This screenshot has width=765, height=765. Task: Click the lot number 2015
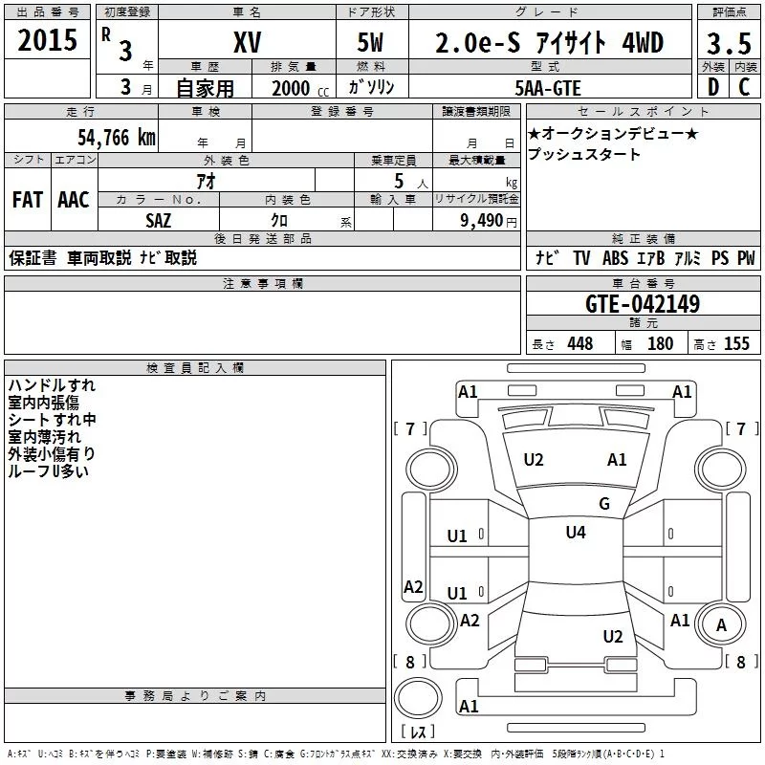pos(48,40)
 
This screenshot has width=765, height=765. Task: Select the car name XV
pos(247,43)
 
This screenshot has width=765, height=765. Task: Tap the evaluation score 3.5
pos(729,44)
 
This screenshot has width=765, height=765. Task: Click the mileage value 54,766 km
pos(116,137)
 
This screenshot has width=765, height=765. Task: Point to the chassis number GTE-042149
pos(642,305)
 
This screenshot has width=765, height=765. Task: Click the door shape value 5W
pos(372,43)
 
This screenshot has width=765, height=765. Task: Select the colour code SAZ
pos(159,220)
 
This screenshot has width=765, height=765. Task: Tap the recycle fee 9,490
pos(481,220)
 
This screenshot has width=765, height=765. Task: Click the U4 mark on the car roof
pos(576,532)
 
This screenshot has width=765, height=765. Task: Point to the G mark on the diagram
pos(603,504)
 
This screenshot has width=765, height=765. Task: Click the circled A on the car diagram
pos(721,626)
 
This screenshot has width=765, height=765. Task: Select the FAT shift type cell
pos(28,200)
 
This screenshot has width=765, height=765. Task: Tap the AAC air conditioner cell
pos(74,200)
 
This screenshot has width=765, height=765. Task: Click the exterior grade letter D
pos(712,88)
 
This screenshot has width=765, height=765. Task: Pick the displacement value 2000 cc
pos(296,88)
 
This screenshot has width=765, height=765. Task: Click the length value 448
pos(579,344)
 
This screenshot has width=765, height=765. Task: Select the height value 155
pos(736,344)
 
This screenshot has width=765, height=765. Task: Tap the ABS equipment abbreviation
pos(616,258)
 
